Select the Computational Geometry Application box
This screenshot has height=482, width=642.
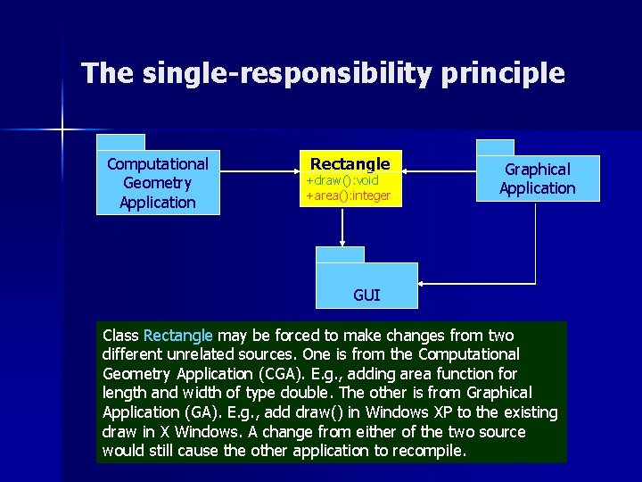point(158,183)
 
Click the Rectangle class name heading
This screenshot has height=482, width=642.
point(350,163)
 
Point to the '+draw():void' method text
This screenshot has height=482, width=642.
point(342,180)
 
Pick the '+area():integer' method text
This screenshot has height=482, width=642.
point(349,195)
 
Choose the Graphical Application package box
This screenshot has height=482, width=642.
point(537,179)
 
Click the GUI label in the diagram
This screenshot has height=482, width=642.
point(366,295)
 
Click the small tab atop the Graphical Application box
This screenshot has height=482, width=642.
point(495,148)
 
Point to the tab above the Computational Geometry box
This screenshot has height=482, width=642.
point(121,142)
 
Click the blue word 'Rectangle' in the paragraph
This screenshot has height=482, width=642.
point(177,336)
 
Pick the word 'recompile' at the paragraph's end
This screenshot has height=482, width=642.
point(431,451)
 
